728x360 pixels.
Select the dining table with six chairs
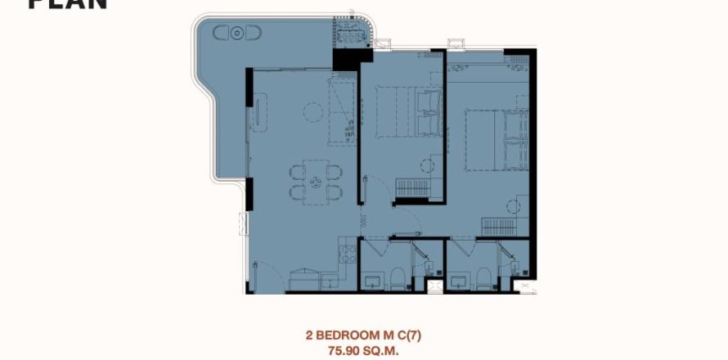point(313,181)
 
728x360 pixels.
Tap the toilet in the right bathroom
point(483,278)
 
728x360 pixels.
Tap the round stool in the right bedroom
point(514,205)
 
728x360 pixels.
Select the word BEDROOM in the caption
point(360,334)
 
